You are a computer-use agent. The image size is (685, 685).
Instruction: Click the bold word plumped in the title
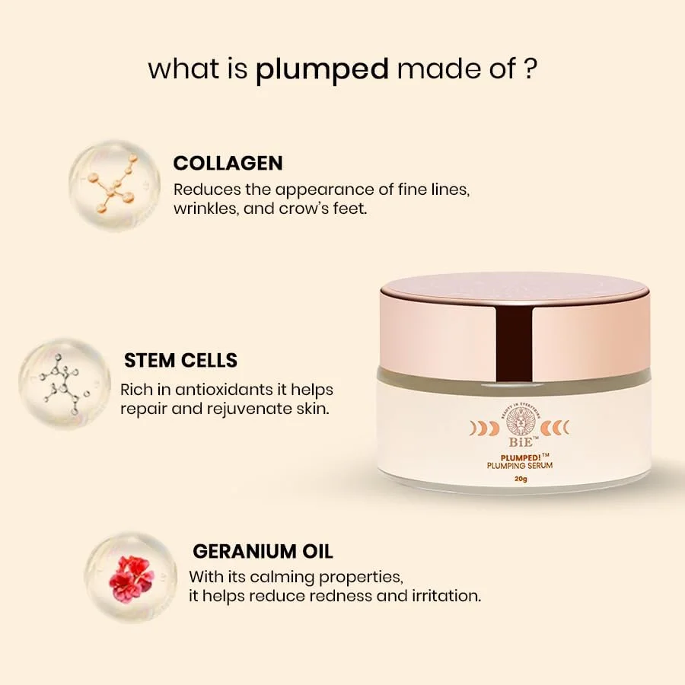pyautogui.click(x=322, y=70)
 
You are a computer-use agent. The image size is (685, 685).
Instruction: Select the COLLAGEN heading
pyautogui.click(x=228, y=163)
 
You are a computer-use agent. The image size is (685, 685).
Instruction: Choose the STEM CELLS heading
pyautogui.click(x=180, y=360)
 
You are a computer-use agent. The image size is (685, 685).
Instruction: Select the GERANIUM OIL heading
pyautogui.click(x=263, y=551)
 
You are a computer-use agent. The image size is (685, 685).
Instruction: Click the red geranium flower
pyautogui.click(x=131, y=578)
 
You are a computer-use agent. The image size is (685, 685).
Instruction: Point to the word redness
pyautogui.click(x=333, y=595)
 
